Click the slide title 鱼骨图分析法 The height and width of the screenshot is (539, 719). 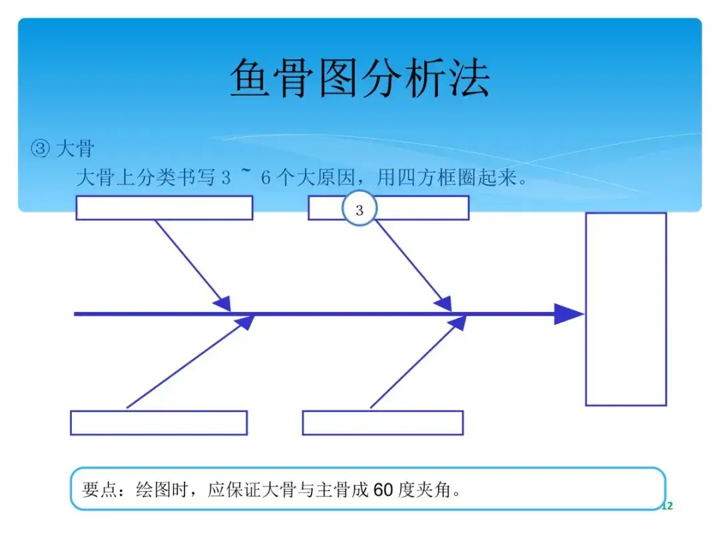359,78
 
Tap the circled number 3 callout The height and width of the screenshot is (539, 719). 359,209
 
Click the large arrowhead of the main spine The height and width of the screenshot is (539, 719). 569,314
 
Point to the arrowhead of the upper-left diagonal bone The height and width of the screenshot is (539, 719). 222,303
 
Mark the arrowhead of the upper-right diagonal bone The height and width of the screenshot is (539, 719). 443,303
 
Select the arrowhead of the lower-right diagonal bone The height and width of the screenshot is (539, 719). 457,323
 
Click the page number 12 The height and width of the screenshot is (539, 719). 667,506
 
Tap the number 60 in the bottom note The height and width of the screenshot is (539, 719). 383,490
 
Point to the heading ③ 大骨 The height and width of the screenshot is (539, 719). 63,148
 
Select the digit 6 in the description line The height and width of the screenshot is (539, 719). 266,178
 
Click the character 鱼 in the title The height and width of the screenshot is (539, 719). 250,78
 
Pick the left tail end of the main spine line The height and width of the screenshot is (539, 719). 75,314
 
